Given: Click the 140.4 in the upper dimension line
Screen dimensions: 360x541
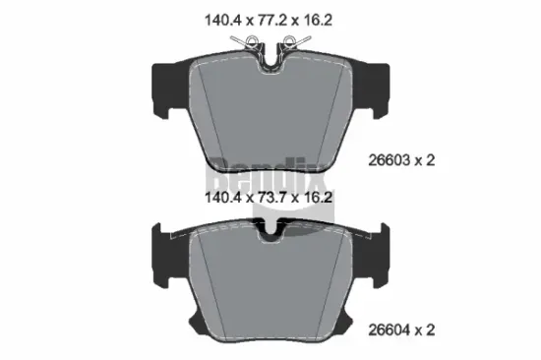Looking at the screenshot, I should (219, 18).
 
